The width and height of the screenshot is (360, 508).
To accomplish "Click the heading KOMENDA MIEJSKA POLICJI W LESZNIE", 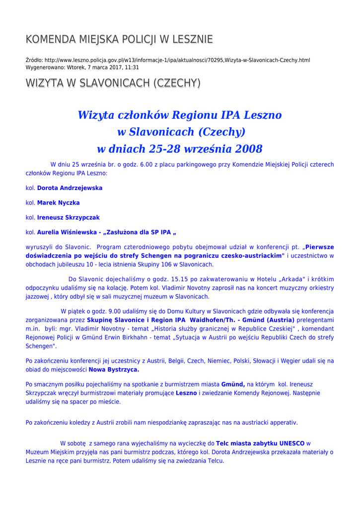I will point(119,39).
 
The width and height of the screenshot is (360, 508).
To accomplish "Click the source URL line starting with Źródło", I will point(167,60).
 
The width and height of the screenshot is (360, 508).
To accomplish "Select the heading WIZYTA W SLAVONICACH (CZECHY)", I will point(113,83).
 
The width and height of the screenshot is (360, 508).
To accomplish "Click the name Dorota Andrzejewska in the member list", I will point(70,189).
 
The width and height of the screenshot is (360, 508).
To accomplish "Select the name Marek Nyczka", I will point(58,203).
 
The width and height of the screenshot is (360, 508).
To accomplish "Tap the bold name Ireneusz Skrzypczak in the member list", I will point(68,217).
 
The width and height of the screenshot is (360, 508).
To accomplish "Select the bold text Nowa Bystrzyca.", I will point(114,370).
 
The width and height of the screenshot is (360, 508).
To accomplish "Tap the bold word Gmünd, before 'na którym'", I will point(233,384).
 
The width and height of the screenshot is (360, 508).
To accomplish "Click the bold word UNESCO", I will point(292,443).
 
